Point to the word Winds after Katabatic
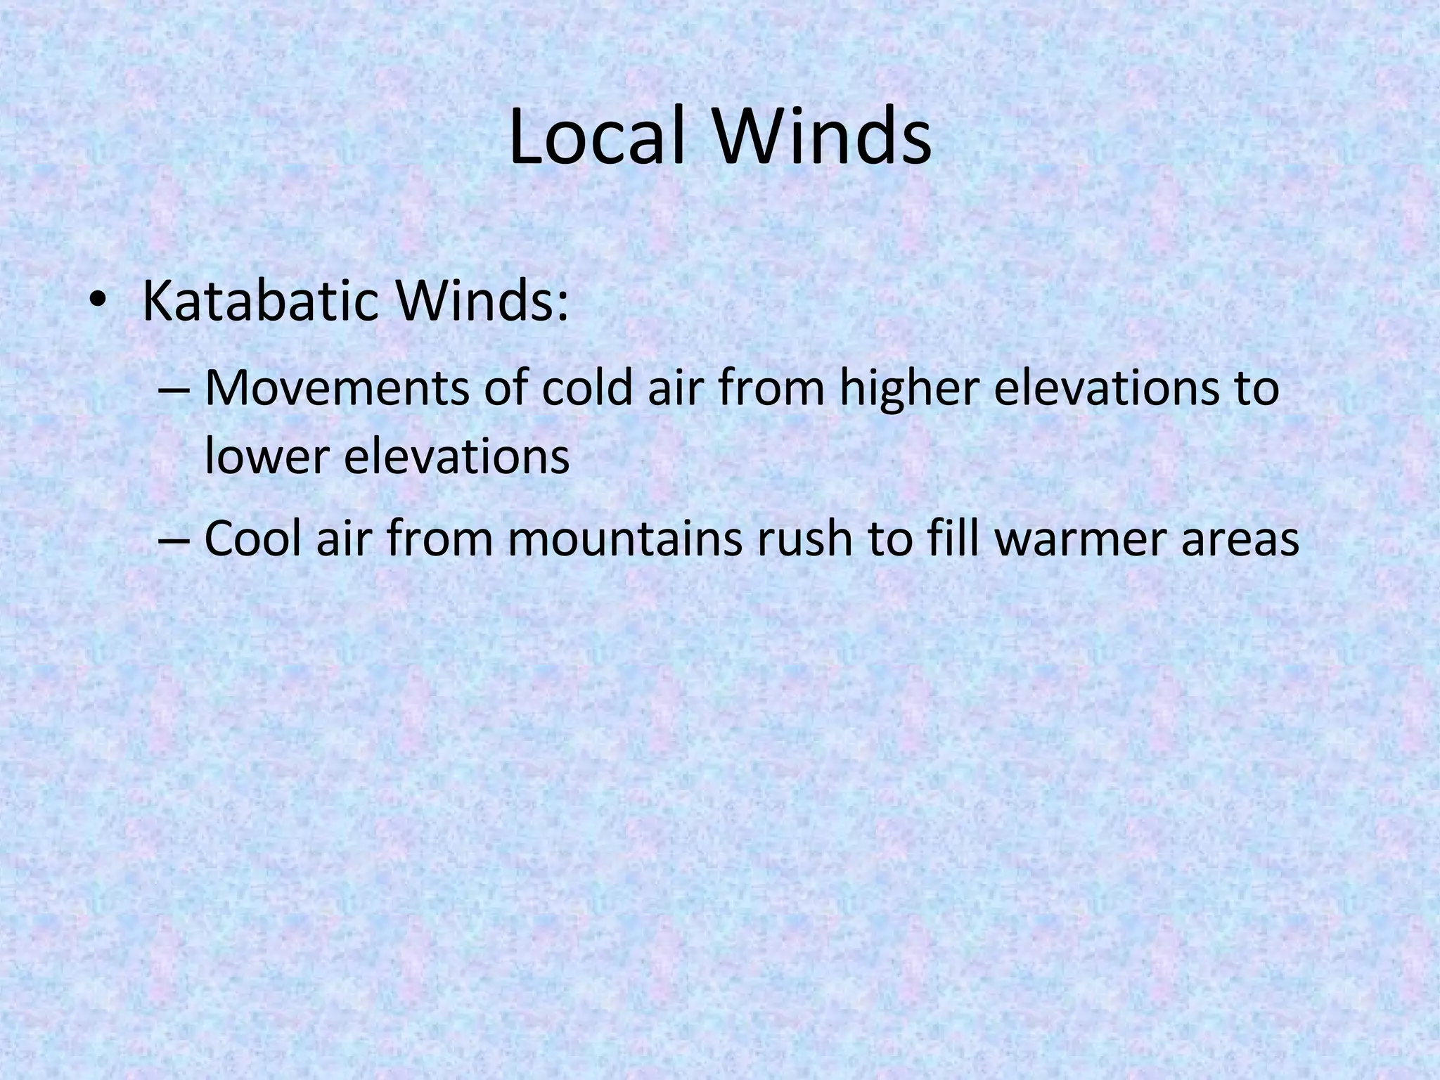click(481, 301)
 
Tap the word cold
click(587, 389)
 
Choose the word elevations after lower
click(457, 456)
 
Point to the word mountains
click(619, 539)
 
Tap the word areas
click(1240, 539)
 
